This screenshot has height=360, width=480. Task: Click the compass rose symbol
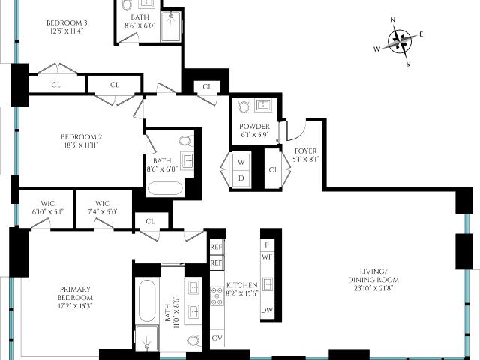(400, 42)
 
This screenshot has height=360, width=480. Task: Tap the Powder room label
(255, 130)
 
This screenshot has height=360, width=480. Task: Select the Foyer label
(306, 155)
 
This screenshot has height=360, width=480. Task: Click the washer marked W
(241, 162)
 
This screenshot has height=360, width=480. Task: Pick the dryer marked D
(241, 178)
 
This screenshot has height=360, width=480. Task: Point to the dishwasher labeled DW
(267, 310)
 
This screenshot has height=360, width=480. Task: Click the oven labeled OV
(217, 338)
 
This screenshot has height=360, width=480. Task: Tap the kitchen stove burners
(217, 296)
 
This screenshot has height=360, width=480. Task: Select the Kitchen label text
(242, 289)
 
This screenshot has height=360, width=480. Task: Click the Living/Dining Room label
(373, 280)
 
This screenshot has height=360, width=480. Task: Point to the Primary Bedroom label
(75, 297)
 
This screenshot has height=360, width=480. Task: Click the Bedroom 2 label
(82, 141)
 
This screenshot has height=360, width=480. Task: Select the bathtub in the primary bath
(147, 301)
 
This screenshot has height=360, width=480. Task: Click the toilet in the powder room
(244, 106)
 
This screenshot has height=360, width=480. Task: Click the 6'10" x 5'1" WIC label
(48, 208)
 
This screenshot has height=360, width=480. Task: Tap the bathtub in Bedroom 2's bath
(165, 188)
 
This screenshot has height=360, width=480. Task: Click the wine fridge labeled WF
(267, 256)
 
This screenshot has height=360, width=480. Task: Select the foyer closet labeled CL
(273, 170)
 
